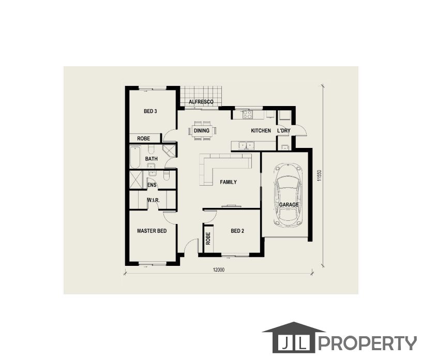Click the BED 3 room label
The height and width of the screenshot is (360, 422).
(x=150, y=111)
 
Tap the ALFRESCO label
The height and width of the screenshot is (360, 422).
(x=201, y=102)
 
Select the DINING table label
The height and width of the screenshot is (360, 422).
(x=202, y=130)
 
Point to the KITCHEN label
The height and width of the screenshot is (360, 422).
(x=261, y=130)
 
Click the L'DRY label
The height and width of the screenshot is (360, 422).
(x=284, y=130)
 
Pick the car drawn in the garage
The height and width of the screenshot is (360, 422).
(x=288, y=195)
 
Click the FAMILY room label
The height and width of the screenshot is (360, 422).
(x=228, y=182)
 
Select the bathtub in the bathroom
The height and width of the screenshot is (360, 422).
(x=135, y=157)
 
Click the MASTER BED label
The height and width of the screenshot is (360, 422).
(x=152, y=231)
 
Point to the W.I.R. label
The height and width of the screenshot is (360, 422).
(x=153, y=200)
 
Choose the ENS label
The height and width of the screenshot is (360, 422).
(x=152, y=185)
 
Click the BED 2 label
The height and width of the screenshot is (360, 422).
(x=237, y=231)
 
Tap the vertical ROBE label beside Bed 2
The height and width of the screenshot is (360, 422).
(x=208, y=238)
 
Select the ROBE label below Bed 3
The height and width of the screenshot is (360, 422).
(x=143, y=139)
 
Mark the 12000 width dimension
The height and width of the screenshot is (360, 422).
(x=219, y=270)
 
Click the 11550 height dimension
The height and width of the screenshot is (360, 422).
(x=319, y=175)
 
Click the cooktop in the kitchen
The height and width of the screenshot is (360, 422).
(x=247, y=114)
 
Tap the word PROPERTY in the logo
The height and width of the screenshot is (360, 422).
(x=368, y=343)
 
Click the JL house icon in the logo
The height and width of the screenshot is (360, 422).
(x=294, y=337)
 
